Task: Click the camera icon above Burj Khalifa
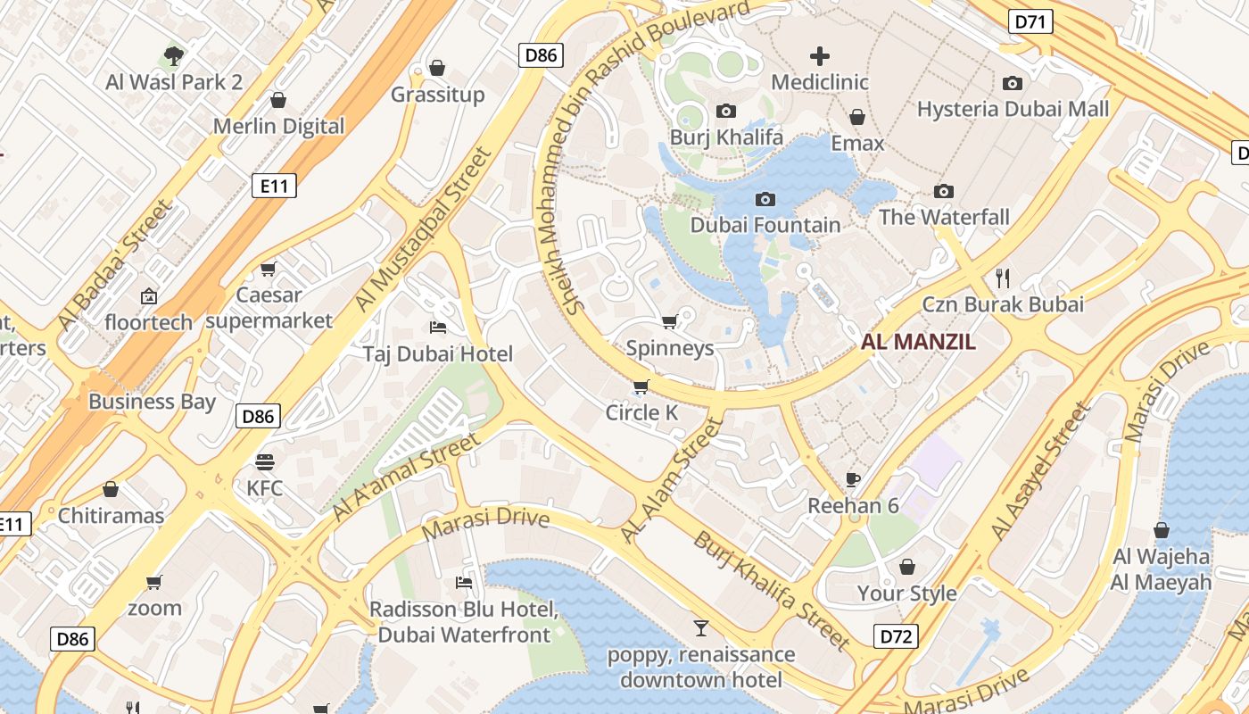(726, 111)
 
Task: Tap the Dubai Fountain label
(765, 225)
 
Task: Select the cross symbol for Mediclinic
(819, 56)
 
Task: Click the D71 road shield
(1030, 21)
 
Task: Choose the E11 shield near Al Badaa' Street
(273, 186)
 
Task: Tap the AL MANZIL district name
(918, 341)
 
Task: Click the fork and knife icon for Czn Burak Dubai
(1003, 278)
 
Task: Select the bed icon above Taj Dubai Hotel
(437, 327)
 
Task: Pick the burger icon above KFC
(265, 461)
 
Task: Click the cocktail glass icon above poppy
(701, 628)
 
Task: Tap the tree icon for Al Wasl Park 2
(174, 56)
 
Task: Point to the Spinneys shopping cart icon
(670, 321)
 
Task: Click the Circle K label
(641, 412)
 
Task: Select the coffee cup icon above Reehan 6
(853, 479)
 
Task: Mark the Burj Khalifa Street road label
(772, 590)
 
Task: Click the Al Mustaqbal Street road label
(424, 229)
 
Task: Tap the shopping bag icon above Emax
(857, 117)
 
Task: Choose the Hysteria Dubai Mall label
(1013, 109)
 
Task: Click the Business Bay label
(152, 401)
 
